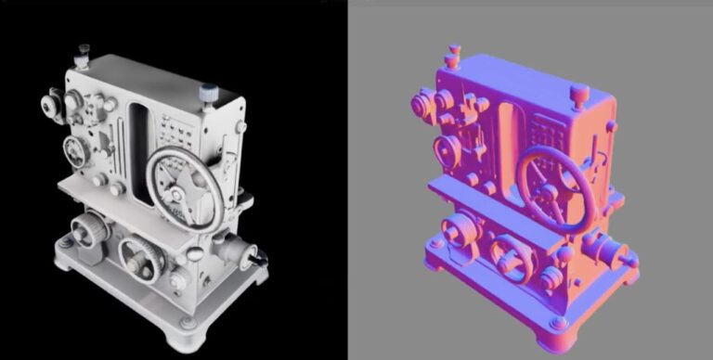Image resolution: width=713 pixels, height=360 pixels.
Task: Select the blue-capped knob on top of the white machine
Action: coord(207,93)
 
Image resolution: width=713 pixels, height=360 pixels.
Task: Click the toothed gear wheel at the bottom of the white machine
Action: coord(141,256)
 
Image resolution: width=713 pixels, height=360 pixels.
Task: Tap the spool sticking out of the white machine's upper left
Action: coord(48,105)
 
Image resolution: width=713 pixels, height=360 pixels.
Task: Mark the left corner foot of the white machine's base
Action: coord(65,243)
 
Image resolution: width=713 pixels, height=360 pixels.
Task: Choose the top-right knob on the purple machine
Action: coord(580,94)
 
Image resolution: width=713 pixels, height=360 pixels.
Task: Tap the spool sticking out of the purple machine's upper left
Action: coord(421,102)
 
